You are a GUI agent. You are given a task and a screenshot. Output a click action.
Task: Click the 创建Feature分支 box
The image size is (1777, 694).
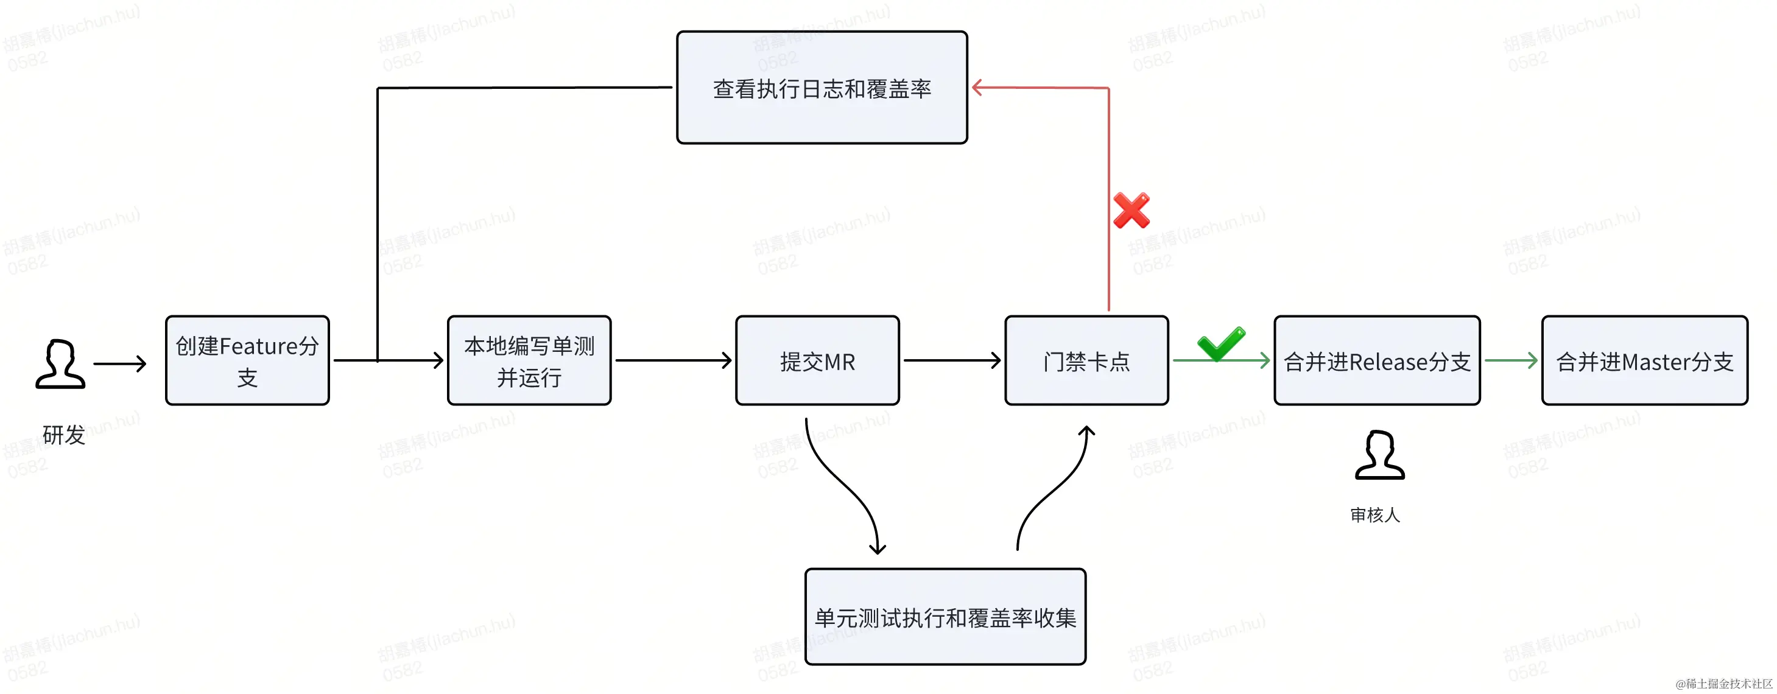click(x=247, y=361)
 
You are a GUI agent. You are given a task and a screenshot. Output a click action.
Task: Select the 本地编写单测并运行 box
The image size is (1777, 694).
click(x=529, y=361)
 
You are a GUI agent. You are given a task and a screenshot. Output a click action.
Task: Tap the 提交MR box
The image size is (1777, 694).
click(x=817, y=361)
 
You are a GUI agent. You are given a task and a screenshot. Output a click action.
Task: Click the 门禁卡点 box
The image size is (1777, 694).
click(x=1086, y=361)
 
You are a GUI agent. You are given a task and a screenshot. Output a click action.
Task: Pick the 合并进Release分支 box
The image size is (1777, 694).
click(x=1377, y=361)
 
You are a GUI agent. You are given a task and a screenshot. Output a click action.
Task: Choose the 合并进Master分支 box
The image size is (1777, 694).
click(x=1645, y=361)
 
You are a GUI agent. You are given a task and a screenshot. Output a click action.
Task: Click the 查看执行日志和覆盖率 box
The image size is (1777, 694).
click(x=822, y=88)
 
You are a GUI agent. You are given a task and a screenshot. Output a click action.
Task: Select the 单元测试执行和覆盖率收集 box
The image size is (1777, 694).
click(x=945, y=617)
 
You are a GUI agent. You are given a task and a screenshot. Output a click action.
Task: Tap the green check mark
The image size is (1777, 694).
click(x=1221, y=343)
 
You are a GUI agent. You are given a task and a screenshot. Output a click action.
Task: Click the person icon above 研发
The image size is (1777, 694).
click(x=61, y=363)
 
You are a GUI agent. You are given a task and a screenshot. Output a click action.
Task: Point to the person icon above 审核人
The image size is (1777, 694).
click(x=1380, y=455)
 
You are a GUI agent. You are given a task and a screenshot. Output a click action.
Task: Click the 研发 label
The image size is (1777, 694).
click(x=63, y=435)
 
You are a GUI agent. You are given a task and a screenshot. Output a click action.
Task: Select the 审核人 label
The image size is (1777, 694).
click(x=1375, y=514)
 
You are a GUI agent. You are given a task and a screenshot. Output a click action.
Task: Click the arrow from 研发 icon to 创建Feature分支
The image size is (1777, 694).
click(x=120, y=363)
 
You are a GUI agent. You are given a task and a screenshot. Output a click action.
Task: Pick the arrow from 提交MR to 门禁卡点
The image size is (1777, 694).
click(x=952, y=360)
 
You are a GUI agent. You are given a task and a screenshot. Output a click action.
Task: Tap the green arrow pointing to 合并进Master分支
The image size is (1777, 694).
click(x=1511, y=360)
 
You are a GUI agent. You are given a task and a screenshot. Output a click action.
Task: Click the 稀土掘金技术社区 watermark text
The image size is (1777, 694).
click(x=1724, y=684)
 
